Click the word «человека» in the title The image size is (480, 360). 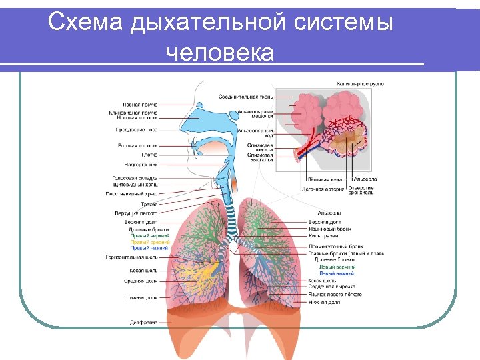coord(219,52)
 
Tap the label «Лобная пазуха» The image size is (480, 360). coord(140,105)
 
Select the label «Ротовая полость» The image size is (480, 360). coord(137,145)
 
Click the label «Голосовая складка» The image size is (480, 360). coord(135,178)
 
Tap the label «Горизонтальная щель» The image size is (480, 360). coord(131,257)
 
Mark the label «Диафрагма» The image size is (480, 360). coord(143,322)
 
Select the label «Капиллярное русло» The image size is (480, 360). coord(361,84)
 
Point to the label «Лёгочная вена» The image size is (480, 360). coord(325,179)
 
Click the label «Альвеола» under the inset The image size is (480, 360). coord(365,179)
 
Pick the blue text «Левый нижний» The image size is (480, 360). coord(337,273)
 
